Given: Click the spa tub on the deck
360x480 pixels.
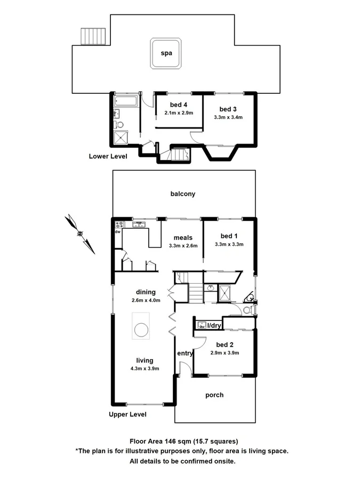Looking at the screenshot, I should pyautogui.click(x=165, y=53).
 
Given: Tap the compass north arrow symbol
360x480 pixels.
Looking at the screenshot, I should pyautogui.click(x=79, y=233).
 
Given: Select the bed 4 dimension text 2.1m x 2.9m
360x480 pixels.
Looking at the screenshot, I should pyautogui.click(x=178, y=113).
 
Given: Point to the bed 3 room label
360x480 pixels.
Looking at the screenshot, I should pyautogui.click(x=228, y=109).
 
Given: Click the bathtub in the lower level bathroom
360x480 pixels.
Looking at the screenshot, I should pyautogui.click(x=126, y=101).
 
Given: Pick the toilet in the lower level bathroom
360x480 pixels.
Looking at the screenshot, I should pyautogui.click(x=119, y=125).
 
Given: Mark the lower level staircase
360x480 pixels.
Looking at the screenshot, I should pyautogui.click(x=178, y=155).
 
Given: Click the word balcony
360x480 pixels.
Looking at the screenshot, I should pyautogui.click(x=183, y=194).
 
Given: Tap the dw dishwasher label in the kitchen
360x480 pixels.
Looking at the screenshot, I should pyautogui.click(x=117, y=232).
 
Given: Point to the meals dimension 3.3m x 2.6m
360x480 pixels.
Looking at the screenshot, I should pyautogui.click(x=183, y=246).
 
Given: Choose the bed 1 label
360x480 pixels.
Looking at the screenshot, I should pyautogui.click(x=229, y=236).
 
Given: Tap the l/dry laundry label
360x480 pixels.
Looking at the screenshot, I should pyautogui.click(x=214, y=325).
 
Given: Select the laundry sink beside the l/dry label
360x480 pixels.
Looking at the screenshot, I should pyautogui.click(x=202, y=324).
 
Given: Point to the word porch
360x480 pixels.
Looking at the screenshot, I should pyautogui.click(x=214, y=395).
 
